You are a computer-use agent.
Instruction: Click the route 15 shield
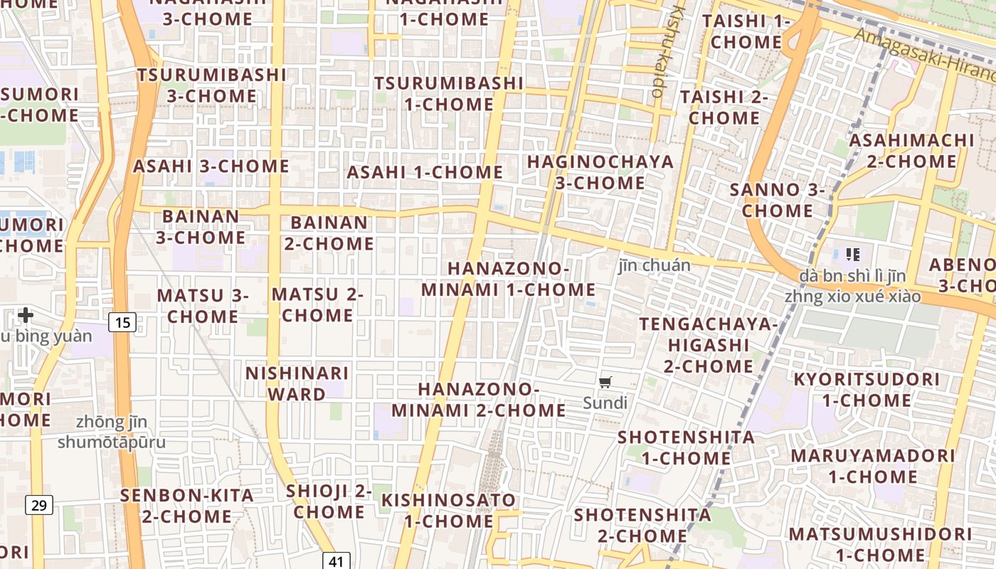click(122, 323)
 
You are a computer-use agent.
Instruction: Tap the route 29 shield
click(39, 506)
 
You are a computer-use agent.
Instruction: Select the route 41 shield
click(336, 560)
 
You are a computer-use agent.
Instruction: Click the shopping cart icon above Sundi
click(605, 383)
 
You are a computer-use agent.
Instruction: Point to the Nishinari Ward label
click(297, 383)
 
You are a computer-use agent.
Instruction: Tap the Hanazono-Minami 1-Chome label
click(509, 280)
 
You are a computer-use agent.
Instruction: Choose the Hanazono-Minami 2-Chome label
click(479, 400)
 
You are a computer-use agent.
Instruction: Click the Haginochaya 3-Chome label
click(600, 172)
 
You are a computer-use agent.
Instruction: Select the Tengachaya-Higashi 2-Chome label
click(709, 345)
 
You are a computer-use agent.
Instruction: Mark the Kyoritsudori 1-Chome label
click(867, 390)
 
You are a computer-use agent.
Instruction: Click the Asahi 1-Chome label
click(425, 172)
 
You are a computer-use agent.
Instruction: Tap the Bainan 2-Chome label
click(329, 233)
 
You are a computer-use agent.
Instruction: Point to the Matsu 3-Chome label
click(203, 305)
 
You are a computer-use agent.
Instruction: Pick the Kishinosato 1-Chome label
click(448, 510)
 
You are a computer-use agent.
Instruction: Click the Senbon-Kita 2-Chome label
click(187, 506)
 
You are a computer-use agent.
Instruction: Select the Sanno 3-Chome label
click(778, 200)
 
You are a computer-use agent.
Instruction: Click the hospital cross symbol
click(26, 314)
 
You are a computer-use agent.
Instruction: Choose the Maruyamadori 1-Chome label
click(873, 465)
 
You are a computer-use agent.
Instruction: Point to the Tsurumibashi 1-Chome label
click(449, 93)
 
